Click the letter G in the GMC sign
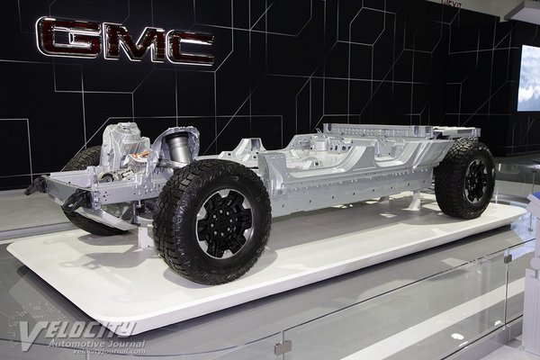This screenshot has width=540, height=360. [67, 38]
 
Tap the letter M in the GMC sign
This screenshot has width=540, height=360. [127, 41]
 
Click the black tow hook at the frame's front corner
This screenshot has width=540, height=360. [35, 186]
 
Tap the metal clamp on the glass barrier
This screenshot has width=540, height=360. [283, 347]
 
